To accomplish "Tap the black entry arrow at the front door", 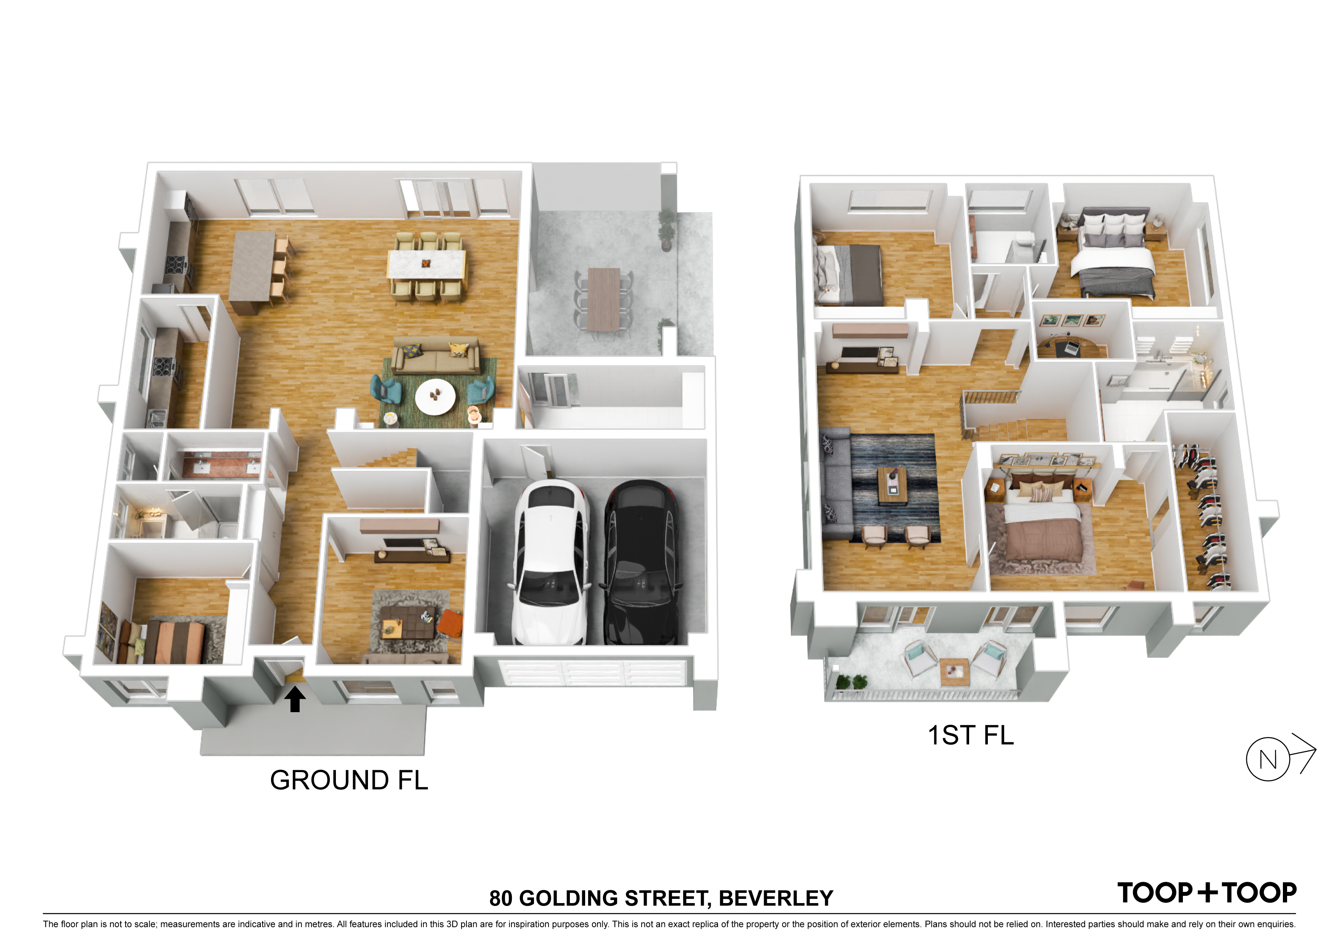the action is click(295, 698).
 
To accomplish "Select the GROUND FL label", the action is click(349, 780).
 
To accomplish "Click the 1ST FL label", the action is click(971, 735).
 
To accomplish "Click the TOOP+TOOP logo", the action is click(1207, 893).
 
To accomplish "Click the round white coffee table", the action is click(436, 397).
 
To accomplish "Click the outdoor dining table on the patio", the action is click(603, 299).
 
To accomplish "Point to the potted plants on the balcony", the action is click(852, 682).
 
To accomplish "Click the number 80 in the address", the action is click(500, 899).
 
